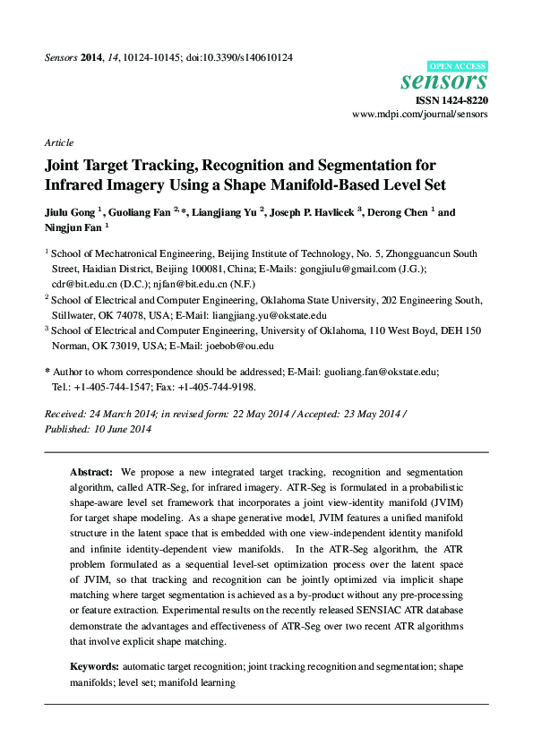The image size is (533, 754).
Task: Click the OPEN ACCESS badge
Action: (459, 65)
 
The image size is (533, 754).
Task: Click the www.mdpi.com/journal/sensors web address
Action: (420, 116)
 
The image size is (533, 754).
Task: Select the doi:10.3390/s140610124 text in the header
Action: (238, 57)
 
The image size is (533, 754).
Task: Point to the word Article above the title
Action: (58, 142)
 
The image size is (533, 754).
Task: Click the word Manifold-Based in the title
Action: (326, 186)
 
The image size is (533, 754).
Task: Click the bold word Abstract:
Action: (91, 472)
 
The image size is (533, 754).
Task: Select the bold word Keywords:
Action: (94, 666)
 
